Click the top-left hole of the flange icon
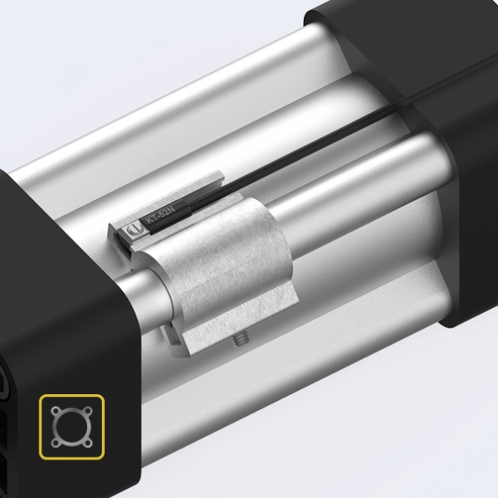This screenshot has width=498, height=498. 55,412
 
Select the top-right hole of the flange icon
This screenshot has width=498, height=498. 89,411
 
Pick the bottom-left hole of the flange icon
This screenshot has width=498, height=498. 55,443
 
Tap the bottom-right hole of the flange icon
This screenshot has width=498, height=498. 89,443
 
